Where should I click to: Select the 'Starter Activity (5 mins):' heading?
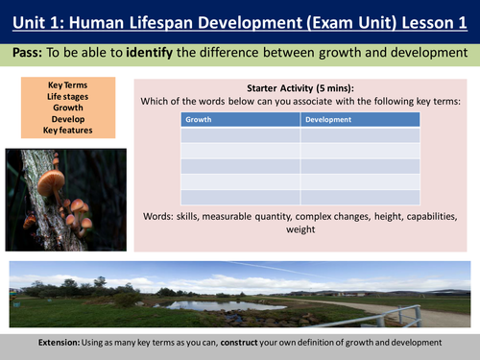click(x=300, y=85)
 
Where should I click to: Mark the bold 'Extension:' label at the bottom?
click(x=64, y=343)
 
